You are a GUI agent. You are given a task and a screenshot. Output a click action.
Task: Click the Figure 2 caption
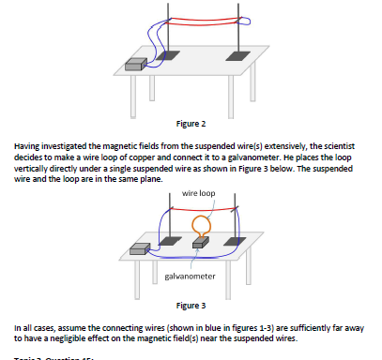pyautogui.click(x=191, y=123)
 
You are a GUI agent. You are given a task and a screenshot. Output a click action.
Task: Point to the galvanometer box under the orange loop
pyautogui.click(x=197, y=243)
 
